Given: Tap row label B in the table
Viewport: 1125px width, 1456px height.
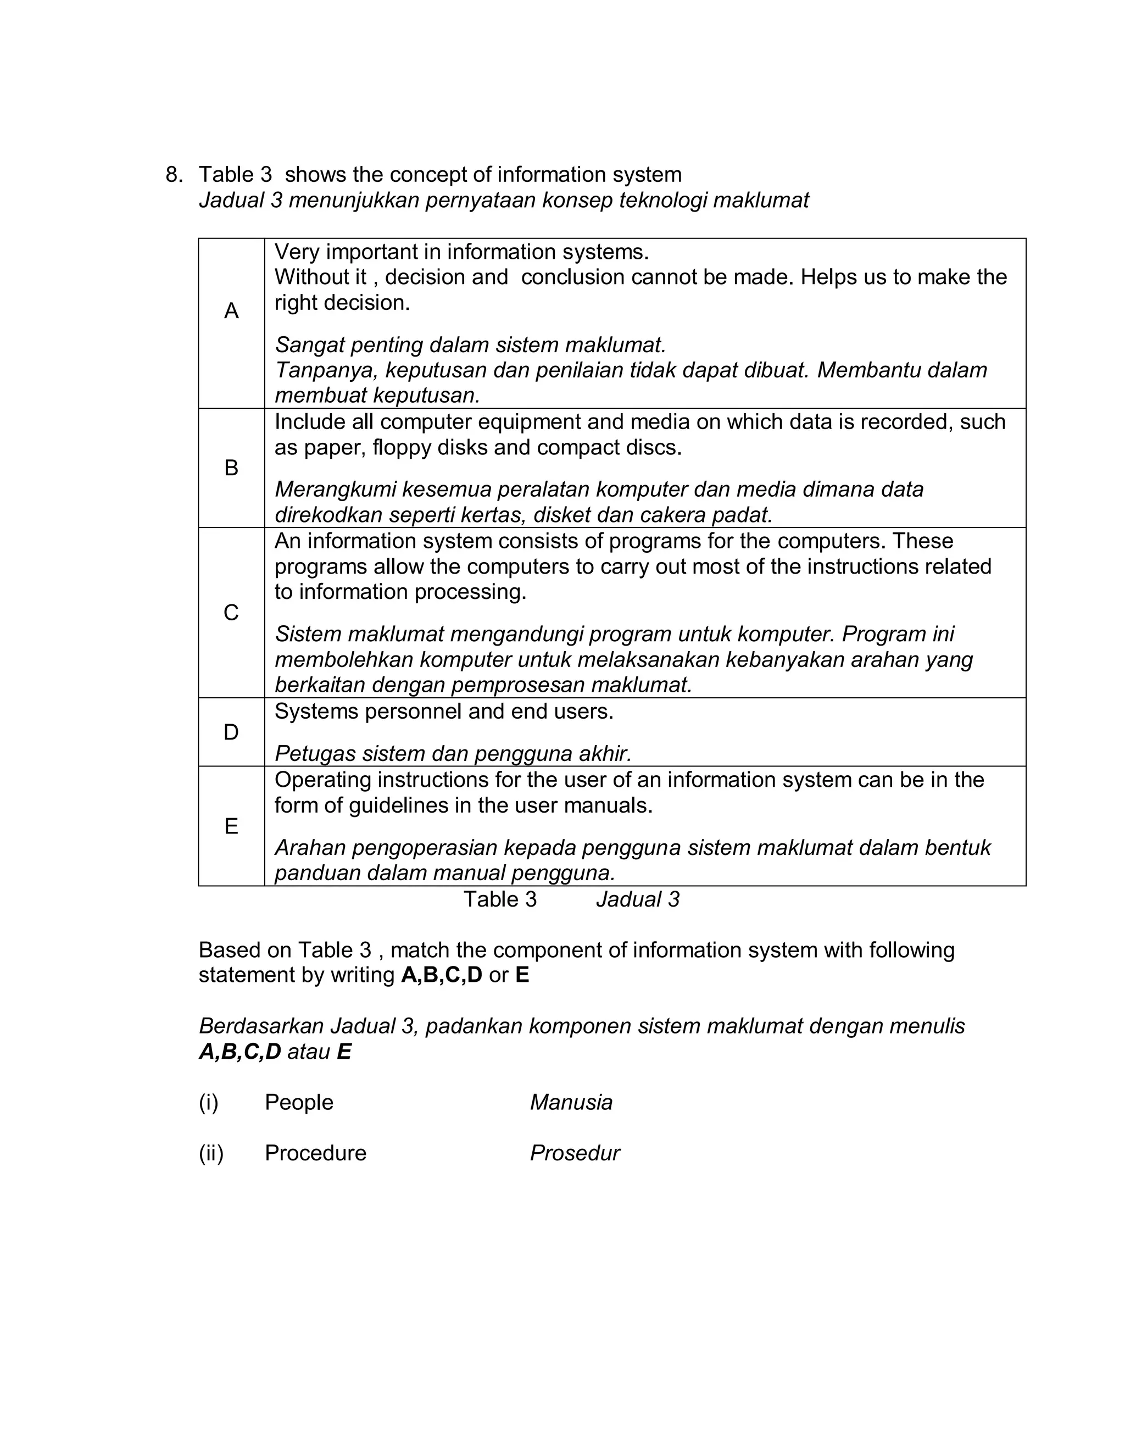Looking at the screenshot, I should pyautogui.click(x=231, y=468).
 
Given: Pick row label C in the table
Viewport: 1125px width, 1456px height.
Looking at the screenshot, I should pyautogui.click(x=231, y=613).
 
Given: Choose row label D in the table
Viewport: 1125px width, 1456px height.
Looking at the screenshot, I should pyautogui.click(x=231, y=732).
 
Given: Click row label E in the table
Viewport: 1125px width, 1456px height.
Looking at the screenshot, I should pyautogui.click(x=231, y=827).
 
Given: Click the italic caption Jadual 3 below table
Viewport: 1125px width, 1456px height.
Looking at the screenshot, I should pyautogui.click(x=638, y=899).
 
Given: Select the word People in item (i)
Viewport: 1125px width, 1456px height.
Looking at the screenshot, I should pyautogui.click(x=299, y=1103).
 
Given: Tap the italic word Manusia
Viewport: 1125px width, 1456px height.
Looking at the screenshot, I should pyautogui.click(x=571, y=1103).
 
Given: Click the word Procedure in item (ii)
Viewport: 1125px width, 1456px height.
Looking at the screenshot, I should pyautogui.click(x=315, y=1153).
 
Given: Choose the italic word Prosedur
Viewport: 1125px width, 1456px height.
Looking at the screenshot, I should pyautogui.click(x=575, y=1153).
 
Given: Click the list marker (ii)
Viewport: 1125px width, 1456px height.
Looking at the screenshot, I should pyautogui.click(x=210, y=1153).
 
